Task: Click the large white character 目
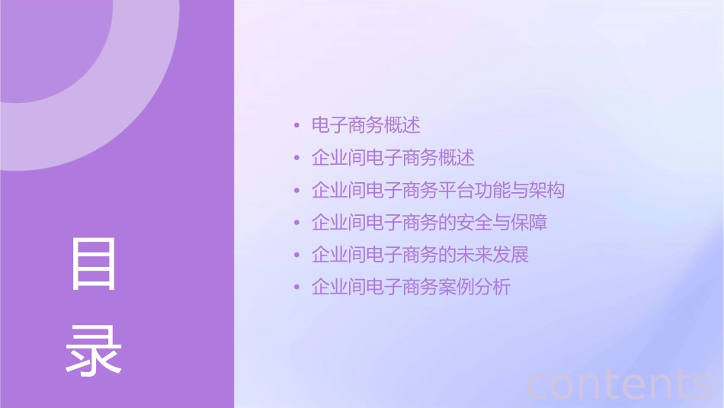[x=94, y=264]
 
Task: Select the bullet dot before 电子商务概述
[x=296, y=125]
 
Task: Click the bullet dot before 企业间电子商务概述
[x=296, y=158]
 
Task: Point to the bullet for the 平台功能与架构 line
[x=296, y=191]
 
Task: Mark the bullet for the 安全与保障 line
[x=296, y=223]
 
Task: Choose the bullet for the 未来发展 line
[x=296, y=255]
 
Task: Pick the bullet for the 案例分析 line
[x=296, y=288]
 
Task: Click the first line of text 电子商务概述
[x=366, y=125]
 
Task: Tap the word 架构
[x=546, y=191]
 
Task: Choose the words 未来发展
[x=492, y=255]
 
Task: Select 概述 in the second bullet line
[x=457, y=158]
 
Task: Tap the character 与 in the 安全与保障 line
[x=501, y=223]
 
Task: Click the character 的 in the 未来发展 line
[x=447, y=255]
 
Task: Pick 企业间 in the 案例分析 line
[x=338, y=288]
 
